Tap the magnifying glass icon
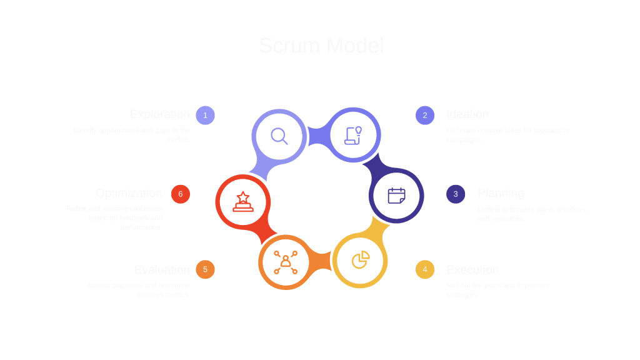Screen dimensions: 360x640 point(279,136)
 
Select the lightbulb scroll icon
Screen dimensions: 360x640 point(354,136)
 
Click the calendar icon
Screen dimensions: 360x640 point(396,196)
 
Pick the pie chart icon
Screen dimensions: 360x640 point(359,260)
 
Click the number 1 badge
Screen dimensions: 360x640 point(205,115)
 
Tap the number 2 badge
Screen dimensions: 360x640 point(425,115)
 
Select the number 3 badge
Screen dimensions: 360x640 point(456,194)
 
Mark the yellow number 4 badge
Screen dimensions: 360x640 point(425,270)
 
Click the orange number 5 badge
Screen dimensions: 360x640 point(205,270)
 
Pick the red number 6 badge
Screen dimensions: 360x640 point(180,194)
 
